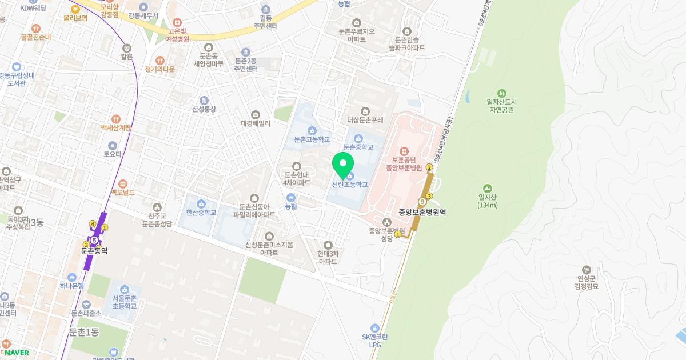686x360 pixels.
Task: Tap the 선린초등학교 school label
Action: click(x=349, y=185)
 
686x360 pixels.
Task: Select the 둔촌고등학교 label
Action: click(x=312, y=139)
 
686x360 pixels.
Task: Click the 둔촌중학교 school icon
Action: click(x=358, y=138)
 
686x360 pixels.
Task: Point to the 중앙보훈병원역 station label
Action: click(x=422, y=212)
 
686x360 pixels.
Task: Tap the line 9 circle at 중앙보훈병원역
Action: click(x=422, y=201)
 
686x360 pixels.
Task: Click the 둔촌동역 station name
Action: click(x=94, y=250)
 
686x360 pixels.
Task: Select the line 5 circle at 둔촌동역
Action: click(x=94, y=241)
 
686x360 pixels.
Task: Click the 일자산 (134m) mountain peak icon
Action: click(x=487, y=188)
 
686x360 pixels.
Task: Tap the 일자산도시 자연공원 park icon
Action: click(x=501, y=93)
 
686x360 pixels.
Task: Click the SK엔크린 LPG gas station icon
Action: click(x=375, y=327)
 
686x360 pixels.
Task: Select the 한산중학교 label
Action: click(x=201, y=213)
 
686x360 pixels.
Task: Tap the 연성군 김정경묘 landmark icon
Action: click(x=586, y=270)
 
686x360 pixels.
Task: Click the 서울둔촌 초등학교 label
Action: click(x=125, y=302)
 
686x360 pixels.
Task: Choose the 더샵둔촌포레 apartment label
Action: click(x=365, y=120)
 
